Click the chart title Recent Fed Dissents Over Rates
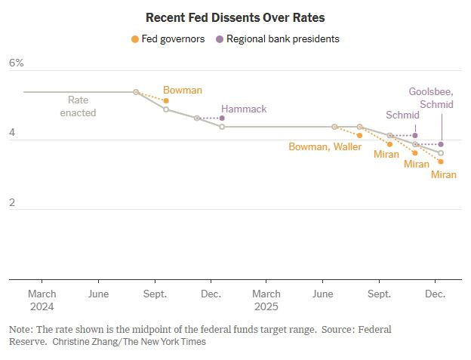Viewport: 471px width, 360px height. pos(235,17)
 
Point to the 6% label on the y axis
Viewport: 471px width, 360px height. pos(17,63)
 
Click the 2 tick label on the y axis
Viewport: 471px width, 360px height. pos(12,203)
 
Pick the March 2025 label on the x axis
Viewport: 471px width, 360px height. pos(266,300)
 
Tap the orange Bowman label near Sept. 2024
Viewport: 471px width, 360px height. pos(183,91)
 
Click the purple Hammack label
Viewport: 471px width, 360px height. pos(244,109)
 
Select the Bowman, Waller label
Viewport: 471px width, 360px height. pos(325,147)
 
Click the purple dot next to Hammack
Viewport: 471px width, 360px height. pos(222,118)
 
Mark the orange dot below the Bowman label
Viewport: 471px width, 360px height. pos(166,101)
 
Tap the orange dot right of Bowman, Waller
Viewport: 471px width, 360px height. pos(360,136)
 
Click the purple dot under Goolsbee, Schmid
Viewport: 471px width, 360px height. pos(441,144)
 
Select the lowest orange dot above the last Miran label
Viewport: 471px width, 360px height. pos(441,162)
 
